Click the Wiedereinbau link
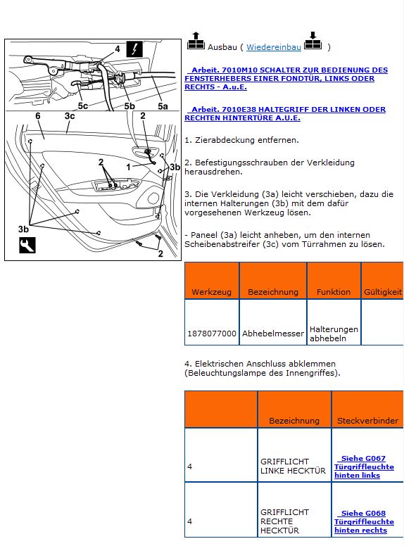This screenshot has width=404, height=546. click(x=273, y=47)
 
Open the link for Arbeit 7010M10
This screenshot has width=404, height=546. click(x=286, y=78)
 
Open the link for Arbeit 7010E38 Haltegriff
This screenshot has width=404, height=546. click(x=285, y=113)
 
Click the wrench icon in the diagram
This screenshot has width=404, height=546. click(x=27, y=245)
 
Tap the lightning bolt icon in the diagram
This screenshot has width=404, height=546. click(x=134, y=49)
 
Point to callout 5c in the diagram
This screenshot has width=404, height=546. click(x=83, y=106)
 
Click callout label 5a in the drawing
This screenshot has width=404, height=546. click(x=163, y=106)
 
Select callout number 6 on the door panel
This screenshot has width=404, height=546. click(x=38, y=116)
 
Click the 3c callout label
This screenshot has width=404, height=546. click(x=70, y=116)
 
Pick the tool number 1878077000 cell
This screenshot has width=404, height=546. click(x=212, y=334)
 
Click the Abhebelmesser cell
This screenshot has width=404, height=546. click(x=273, y=334)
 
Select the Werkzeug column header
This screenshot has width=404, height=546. click(x=211, y=292)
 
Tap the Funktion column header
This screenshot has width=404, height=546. click(x=334, y=292)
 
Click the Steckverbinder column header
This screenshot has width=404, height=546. click(x=368, y=421)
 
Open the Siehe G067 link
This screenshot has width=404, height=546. click(x=365, y=467)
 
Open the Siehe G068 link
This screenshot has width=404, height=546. click(x=365, y=522)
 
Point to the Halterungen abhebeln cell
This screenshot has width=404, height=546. click(x=334, y=334)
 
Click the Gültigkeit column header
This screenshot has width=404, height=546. click(x=383, y=292)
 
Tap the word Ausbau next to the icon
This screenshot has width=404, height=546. click(x=222, y=47)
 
